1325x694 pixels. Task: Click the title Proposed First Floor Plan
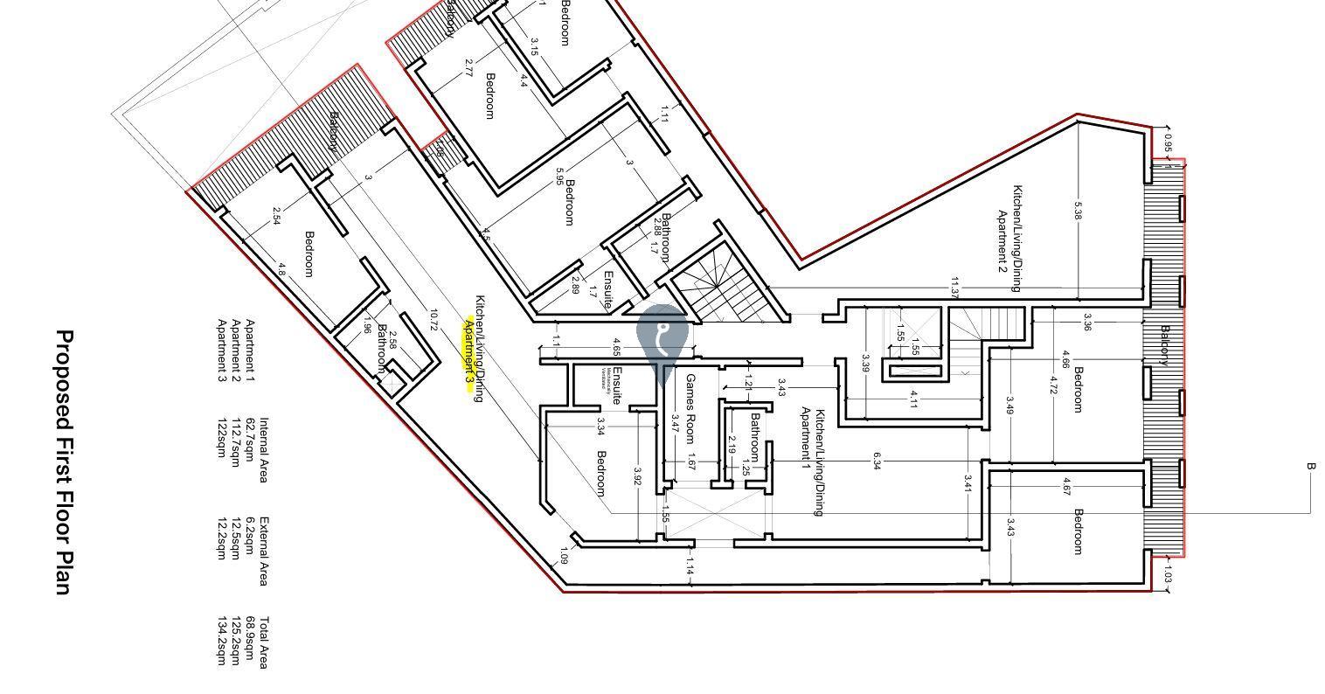pyautogui.click(x=63, y=462)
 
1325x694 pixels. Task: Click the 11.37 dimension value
pyautogui.click(x=954, y=287)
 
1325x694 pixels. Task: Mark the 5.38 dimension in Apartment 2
pyautogui.click(x=1078, y=211)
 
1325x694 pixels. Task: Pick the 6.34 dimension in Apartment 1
pyautogui.click(x=876, y=462)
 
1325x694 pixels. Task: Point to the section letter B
pyautogui.click(x=1310, y=467)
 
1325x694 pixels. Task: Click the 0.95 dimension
pyautogui.click(x=1168, y=145)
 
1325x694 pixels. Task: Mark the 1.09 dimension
pyautogui.click(x=563, y=556)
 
